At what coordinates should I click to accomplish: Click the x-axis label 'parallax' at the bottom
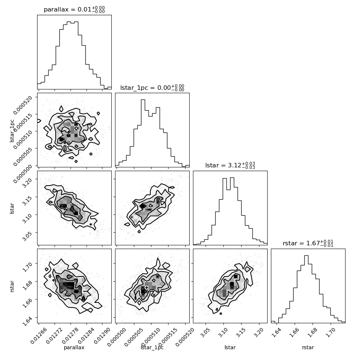tap(74, 347)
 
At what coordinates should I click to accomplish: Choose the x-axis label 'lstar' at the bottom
tap(230, 347)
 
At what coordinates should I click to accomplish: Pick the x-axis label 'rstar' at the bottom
tap(308, 347)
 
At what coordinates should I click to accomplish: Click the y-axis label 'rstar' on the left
tap(12, 286)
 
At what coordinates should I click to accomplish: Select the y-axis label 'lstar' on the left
tap(12, 209)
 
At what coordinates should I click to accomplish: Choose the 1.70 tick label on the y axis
tap(27, 267)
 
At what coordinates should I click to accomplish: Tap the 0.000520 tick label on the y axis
tap(23, 105)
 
